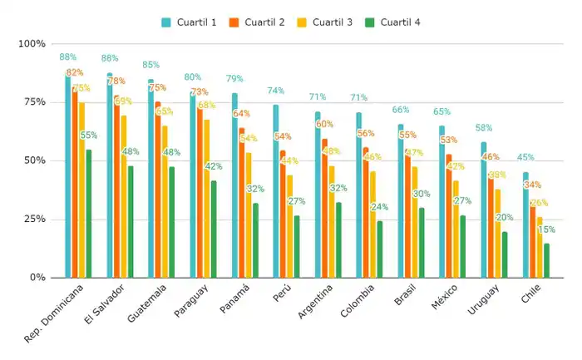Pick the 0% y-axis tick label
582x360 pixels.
37,277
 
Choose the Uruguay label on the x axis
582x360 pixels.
486,301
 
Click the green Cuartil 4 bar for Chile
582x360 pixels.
546,260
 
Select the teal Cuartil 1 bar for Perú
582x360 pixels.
276,191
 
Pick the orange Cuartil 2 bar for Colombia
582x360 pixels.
366,213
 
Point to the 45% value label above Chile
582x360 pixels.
525,157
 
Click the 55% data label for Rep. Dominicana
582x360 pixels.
89,135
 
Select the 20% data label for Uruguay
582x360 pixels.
505,217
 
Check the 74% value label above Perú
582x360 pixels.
276,91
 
